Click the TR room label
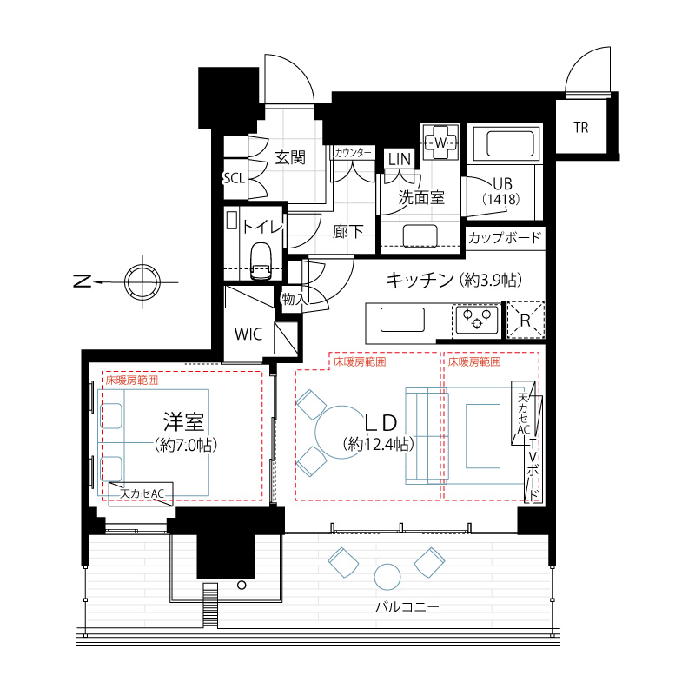pos(580,128)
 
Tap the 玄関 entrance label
pos(290,157)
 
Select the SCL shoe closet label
pos(234,179)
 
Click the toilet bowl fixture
pos(261,261)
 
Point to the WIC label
pos(248,334)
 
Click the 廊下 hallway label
pos(348,231)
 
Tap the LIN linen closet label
pos(400,159)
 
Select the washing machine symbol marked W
pos(440,142)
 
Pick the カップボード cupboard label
pos(505,237)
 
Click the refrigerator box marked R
pos(526,320)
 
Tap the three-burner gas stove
pos(476,319)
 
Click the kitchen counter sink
pos(402,320)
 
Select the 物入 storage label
pos(295,299)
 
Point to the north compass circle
pos(142,281)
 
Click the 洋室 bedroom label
pos(183,422)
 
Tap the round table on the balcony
pos(387,577)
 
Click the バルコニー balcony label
pos(407,606)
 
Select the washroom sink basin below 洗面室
pos(420,235)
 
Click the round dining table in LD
pos(341,432)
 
